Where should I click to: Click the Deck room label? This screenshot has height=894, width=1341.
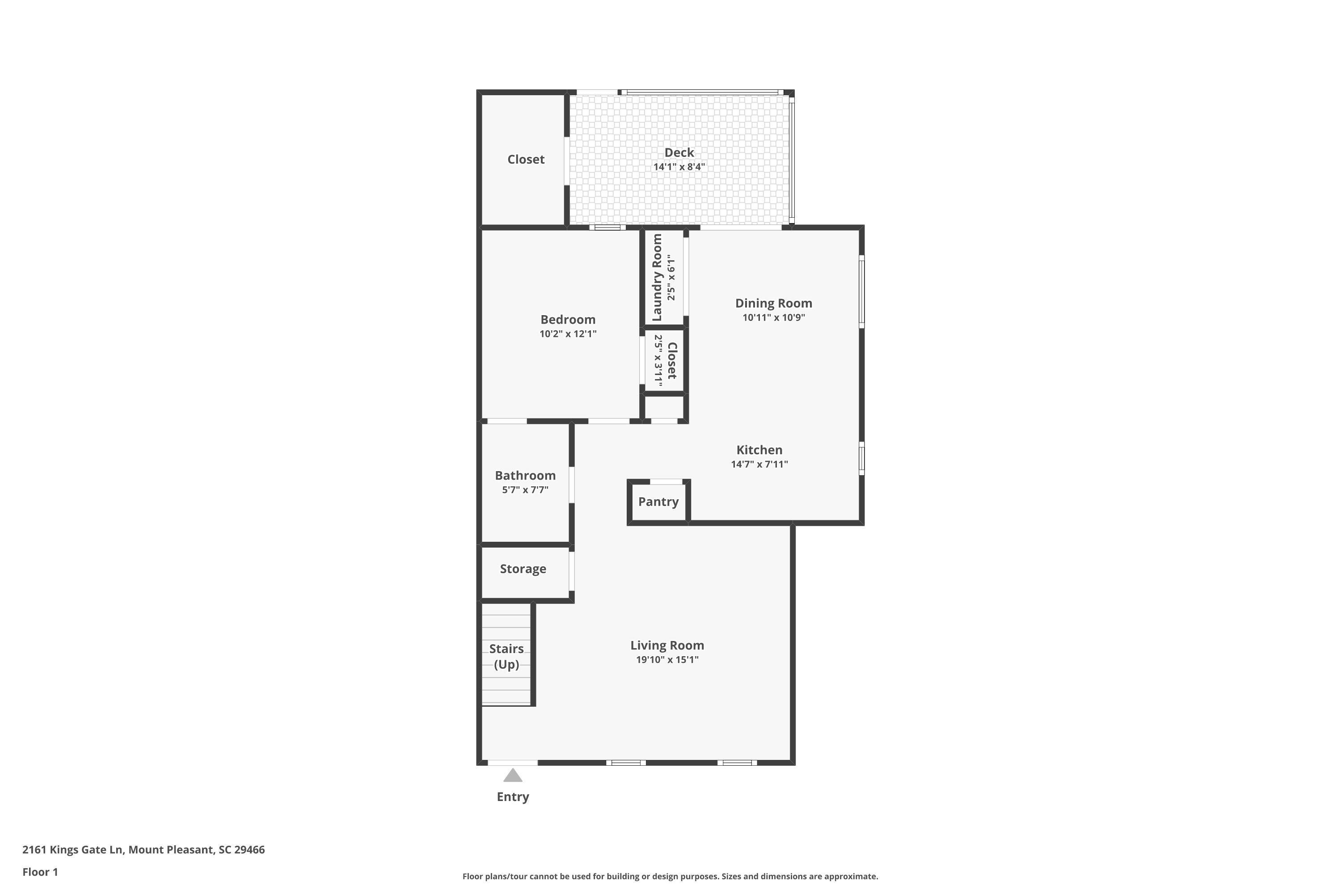tap(679, 152)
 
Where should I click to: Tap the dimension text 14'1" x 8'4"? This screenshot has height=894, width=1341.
tap(679, 167)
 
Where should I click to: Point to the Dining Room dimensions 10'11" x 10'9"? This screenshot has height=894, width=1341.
tap(773, 317)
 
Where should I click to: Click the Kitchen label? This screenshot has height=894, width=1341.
tap(759, 450)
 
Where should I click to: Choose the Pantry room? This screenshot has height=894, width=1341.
tap(658, 502)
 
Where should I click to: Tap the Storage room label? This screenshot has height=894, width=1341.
tap(523, 569)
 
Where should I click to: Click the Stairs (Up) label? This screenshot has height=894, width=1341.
tap(506, 656)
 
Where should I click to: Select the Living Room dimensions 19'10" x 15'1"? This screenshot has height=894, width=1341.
tap(667, 660)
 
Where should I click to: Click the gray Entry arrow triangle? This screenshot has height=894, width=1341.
tap(513, 776)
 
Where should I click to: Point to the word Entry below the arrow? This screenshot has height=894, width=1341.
tap(513, 797)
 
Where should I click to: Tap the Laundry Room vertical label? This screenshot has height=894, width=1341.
tap(657, 277)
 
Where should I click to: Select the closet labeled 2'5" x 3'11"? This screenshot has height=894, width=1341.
tap(665, 360)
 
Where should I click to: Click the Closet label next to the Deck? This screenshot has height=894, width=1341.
tap(526, 159)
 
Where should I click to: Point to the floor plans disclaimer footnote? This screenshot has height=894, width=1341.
tap(670, 876)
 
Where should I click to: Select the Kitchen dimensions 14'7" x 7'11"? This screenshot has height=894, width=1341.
tap(759, 464)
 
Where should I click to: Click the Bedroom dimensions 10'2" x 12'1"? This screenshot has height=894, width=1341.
tap(567, 334)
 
